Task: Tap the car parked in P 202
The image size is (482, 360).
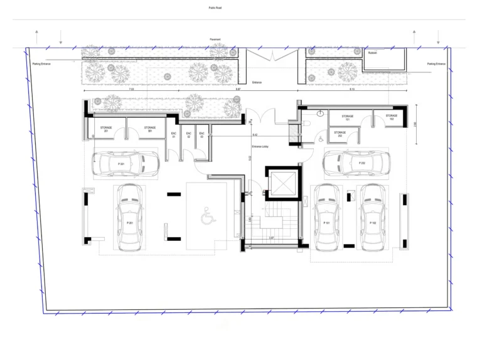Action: click(351, 164)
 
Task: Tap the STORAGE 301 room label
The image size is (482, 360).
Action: click(149, 129)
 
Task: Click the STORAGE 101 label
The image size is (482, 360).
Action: click(347, 117)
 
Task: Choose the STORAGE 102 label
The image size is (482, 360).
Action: click(392, 117)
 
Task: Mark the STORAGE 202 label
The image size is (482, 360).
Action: click(340, 134)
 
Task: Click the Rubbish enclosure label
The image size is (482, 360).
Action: click(373, 53)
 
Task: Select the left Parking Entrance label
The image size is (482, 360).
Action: click(41, 64)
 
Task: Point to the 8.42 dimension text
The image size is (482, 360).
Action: click(254, 135)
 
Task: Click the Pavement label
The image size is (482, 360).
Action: click(215, 39)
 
